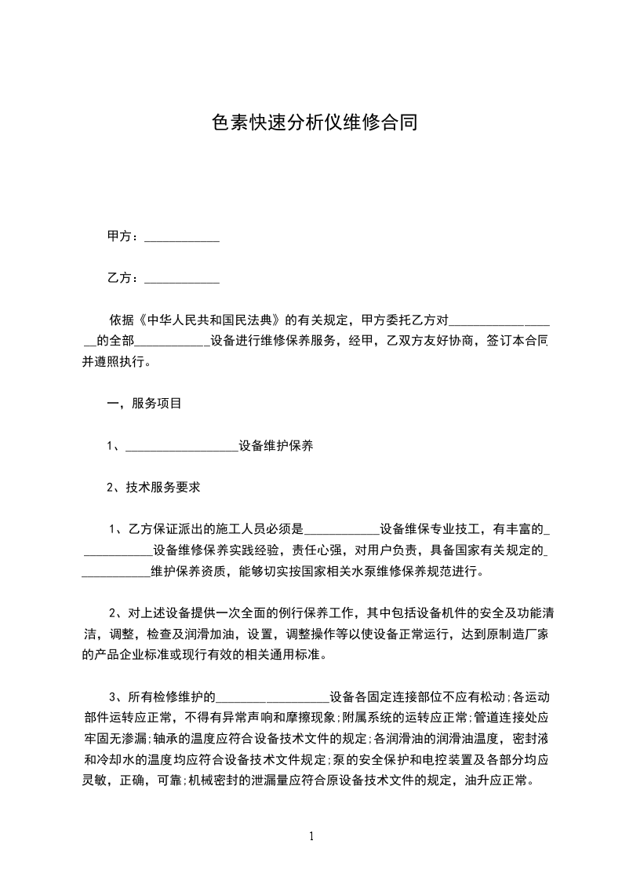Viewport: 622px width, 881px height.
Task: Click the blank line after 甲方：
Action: point(182,237)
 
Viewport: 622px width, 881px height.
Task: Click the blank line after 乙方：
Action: point(182,279)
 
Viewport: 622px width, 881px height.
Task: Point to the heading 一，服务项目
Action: point(144,404)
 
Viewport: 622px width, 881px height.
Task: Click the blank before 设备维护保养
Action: point(181,447)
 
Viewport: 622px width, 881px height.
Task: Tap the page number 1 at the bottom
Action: point(311,836)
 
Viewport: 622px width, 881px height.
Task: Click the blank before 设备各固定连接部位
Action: point(272,697)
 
